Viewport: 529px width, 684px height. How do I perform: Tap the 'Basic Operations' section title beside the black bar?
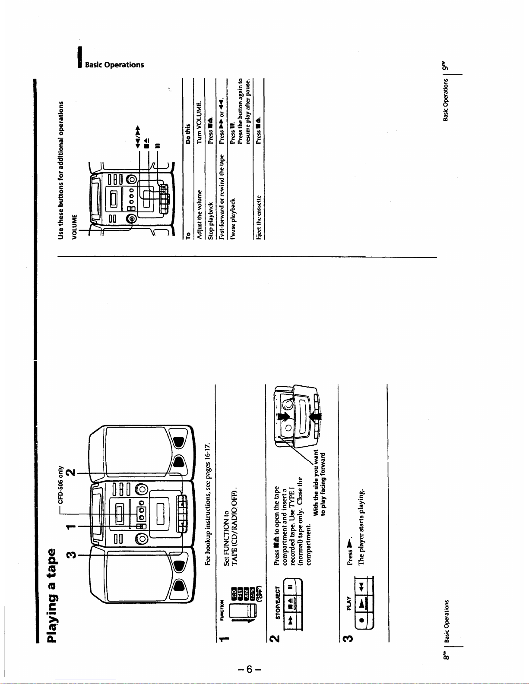[x=114, y=65]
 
